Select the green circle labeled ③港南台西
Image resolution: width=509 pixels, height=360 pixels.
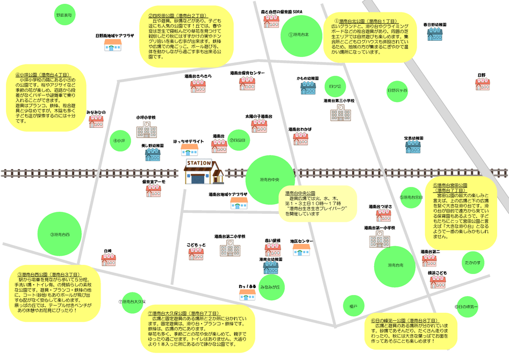tap(60, 234)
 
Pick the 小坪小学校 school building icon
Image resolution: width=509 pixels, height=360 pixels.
tap(146, 129)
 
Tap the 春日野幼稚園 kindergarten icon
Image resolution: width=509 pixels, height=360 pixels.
tap(434, 34)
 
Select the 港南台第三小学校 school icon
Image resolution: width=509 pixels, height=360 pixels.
tap(340, 113)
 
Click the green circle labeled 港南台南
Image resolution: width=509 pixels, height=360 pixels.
tap(395, 265)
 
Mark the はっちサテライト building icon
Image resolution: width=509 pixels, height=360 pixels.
tap(189, 150)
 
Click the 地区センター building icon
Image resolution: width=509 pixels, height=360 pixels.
tap(302, 250)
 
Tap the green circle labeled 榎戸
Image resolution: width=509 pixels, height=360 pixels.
tap(353, 306)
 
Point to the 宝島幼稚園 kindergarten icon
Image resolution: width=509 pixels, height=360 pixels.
tap(414, 147)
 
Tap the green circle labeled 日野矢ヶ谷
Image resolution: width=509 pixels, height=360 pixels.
tap(398, 90)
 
